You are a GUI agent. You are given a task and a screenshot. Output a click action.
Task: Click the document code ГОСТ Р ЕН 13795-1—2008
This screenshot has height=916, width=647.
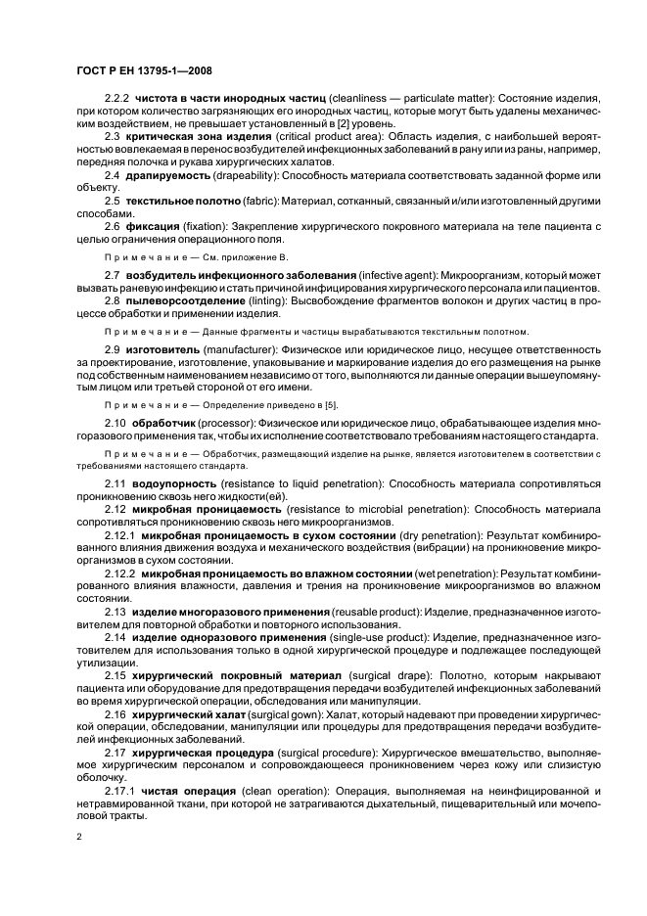tap(145, 71)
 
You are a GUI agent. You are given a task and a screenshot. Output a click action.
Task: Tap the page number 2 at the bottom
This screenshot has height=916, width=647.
tap(79, 837)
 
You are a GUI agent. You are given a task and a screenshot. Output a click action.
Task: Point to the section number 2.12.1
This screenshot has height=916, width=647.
tap(121, 536)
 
